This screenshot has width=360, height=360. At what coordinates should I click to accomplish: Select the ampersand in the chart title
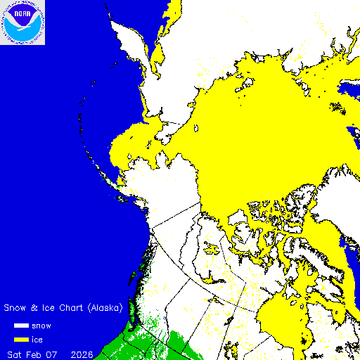[x=34, y=308]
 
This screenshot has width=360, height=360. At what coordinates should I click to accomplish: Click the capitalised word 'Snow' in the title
[x=16, y=308]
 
